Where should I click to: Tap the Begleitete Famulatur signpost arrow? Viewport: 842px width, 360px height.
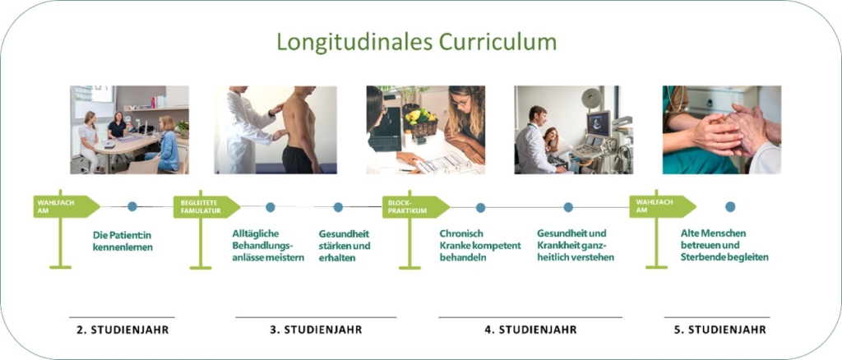tap(206, 207)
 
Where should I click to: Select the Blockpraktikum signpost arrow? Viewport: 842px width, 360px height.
tap(415, 207)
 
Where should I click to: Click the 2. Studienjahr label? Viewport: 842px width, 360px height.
tap(122, 330)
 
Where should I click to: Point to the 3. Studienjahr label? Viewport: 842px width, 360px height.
tap(316, 330)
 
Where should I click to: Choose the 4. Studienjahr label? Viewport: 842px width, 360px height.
tap(530, 330)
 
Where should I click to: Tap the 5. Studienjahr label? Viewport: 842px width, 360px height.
tap(719, 330)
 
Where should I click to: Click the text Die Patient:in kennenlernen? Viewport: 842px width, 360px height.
tap(123, 242)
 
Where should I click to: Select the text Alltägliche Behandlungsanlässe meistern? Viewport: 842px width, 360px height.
tap(269, 246)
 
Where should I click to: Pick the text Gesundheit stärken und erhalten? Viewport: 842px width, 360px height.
tap(345, 246)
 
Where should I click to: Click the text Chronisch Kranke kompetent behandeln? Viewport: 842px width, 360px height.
tap(480, 246)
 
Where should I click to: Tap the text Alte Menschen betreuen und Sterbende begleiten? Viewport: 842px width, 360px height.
tap(724, 246)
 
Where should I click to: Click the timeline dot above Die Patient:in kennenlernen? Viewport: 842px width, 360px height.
tap(132, 206)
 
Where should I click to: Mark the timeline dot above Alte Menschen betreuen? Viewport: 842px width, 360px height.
tap(730, 206)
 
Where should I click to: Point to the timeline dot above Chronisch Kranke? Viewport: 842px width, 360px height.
tap(480, 207)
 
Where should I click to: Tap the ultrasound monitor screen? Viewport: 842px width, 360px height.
tap(599, 123)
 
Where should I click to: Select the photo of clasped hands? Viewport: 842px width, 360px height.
tap(722, 130)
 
